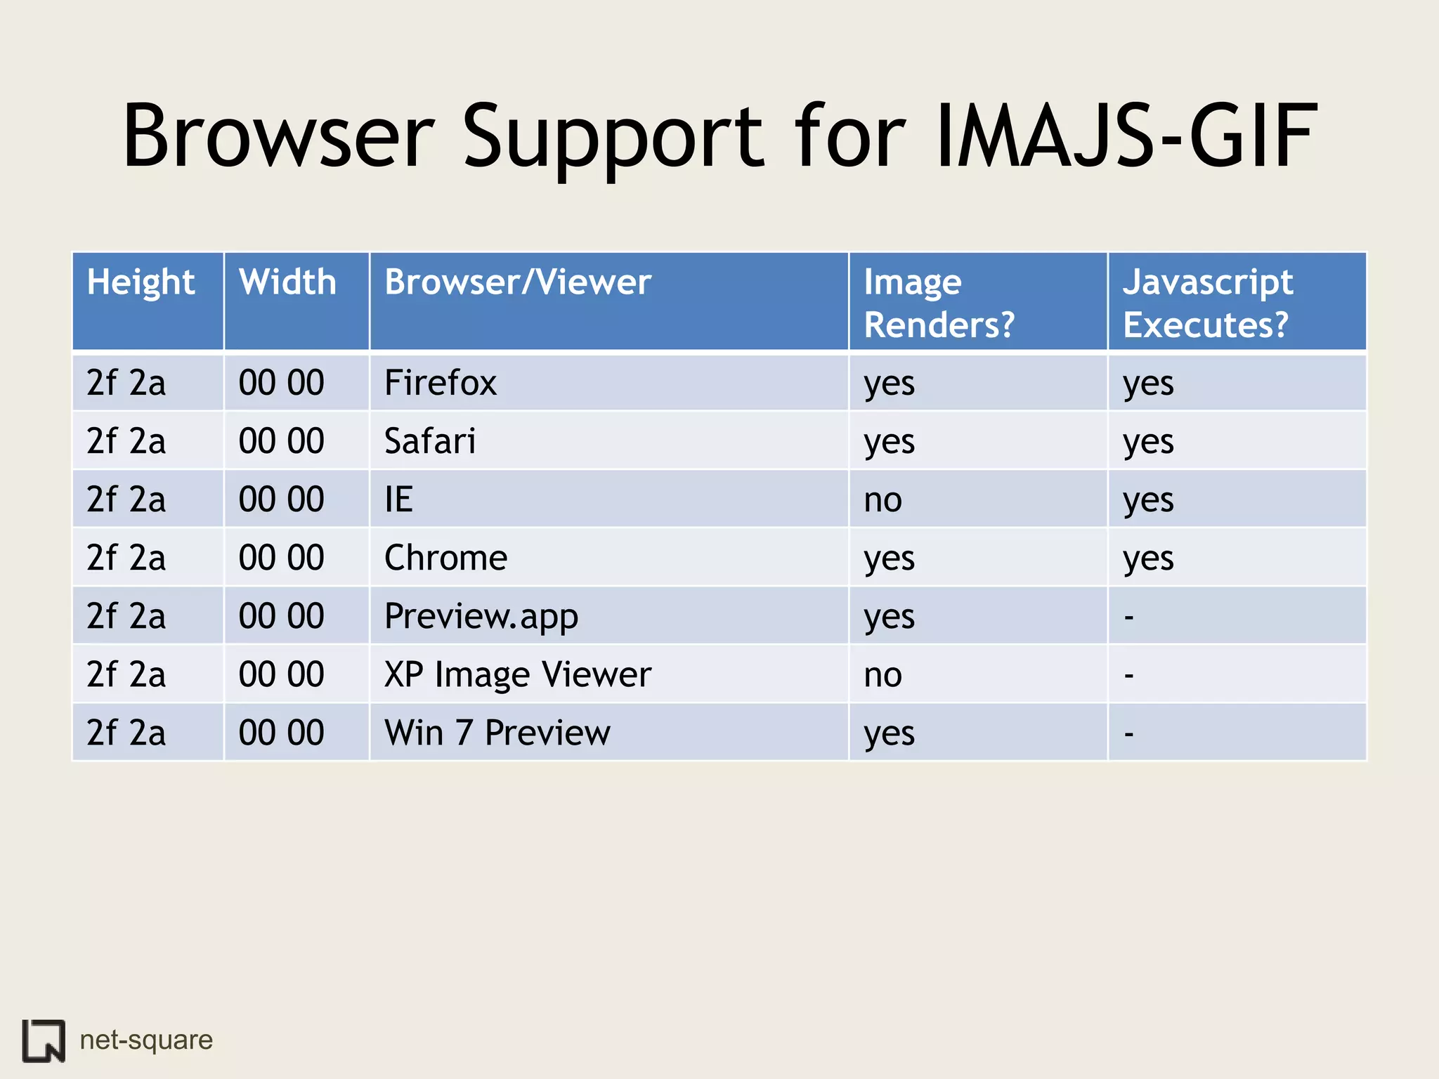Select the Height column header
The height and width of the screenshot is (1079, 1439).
point(141,282)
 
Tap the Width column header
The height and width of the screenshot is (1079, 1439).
point(287,282)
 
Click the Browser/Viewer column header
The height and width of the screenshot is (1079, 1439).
point(518,282)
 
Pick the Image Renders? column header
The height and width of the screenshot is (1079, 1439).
point(939,303)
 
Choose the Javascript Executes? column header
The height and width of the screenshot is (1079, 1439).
point(1207,303)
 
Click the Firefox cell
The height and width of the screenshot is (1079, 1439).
point(441,383)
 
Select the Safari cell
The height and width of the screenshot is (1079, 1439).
point(430,441)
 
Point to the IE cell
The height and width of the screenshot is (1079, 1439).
point(398,499)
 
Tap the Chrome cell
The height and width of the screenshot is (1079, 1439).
point(445,558)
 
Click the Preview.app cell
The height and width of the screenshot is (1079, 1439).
point(481,616)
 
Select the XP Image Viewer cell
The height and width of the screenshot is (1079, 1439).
point(518,674)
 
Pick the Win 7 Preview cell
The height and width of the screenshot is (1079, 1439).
point(497,733)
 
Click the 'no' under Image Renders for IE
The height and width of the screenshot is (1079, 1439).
point(883,500)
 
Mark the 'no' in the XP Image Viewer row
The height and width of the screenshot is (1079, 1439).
point(883,675)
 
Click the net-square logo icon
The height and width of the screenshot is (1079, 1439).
point(44,1040)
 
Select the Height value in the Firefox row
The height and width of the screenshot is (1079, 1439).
point(126,383)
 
